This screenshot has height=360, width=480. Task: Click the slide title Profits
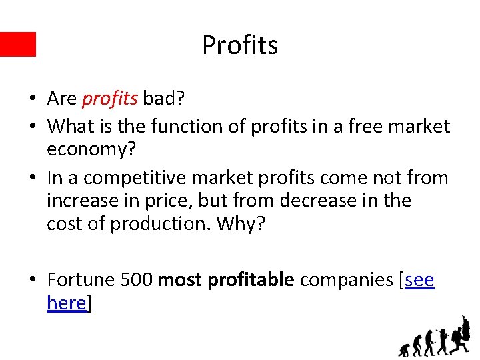point(240,45)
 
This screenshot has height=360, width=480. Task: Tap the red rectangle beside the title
point(18,44)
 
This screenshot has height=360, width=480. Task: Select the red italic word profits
point(109,99)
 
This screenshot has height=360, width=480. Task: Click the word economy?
point(91,149)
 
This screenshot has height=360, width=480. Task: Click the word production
point(159,223)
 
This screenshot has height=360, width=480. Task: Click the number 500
point(137,279)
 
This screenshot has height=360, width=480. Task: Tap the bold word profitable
point(251,279)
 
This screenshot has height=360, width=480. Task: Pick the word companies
point(346,279)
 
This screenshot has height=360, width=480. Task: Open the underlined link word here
point(67,303)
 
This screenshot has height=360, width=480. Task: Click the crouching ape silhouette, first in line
point(403,349)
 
